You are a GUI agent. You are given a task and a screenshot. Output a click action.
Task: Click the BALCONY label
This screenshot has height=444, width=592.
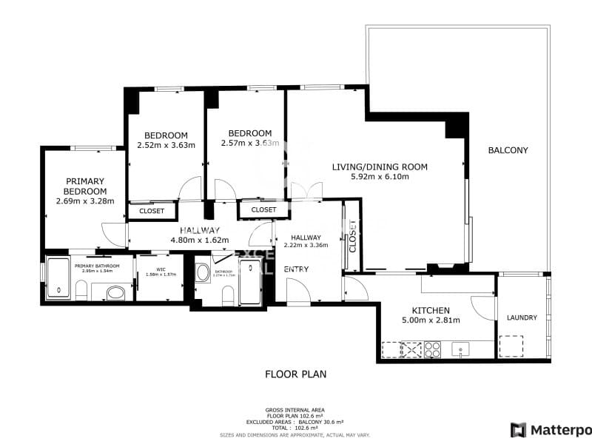[508, 150]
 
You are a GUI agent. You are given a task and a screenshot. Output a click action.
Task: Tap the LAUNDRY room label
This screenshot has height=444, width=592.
[522, 318]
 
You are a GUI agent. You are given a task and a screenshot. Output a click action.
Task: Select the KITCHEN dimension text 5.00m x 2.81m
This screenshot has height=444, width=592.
[430, 320]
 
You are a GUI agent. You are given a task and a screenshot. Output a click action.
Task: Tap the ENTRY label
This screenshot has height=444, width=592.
[296, 269]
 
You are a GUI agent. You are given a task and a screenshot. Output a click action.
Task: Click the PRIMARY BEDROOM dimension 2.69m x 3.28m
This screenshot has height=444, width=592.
[85, 200]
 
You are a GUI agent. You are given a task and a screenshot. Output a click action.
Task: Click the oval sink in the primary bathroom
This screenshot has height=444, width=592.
[115, 294]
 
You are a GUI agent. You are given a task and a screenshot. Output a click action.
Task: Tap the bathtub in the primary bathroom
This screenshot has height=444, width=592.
[58, 279]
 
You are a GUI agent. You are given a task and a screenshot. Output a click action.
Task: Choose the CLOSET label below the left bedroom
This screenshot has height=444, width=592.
[152, 211]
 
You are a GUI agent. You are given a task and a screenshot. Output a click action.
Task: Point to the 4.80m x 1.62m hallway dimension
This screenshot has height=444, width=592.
[199, 240]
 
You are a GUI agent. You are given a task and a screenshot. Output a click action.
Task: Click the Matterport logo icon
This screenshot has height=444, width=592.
[518, 429]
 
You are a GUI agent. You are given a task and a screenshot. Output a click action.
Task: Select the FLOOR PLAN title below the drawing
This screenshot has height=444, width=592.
[295, 374]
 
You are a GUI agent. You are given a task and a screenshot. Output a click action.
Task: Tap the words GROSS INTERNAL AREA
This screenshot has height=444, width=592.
[295, 409]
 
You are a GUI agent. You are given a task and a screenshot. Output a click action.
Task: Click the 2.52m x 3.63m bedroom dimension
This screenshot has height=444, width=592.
[166, 145]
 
